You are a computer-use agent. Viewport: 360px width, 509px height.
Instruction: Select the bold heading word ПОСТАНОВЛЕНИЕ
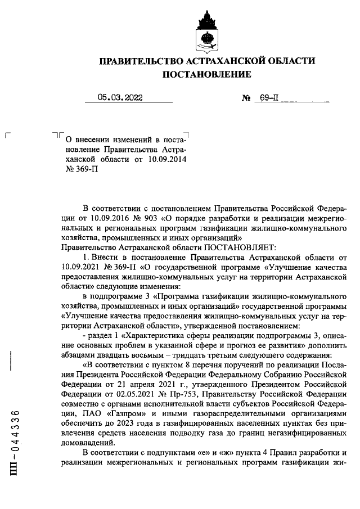point(206,74)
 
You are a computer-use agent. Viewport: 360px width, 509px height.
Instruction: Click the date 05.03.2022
point(120,97)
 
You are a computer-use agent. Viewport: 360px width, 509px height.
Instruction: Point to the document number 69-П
point(269,97)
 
